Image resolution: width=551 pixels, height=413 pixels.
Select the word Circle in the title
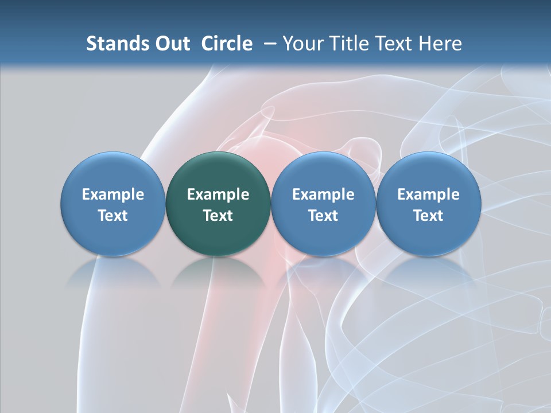pyautogui.click(x=227, y=44)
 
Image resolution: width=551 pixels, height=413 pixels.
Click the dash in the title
pyautogui.click(x=267, y=44)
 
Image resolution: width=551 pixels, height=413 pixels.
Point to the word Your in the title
pyautogui.click(x=304, y=44)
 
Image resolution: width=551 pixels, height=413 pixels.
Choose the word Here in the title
pyautogui.click(x=440, y=44)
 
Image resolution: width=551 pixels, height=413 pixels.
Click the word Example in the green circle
pyautogui.click(x=218, y=194)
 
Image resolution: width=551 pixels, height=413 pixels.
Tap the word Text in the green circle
pyautogui.click(x=218, y=216)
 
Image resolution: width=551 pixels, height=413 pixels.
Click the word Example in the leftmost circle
pyautogui.click(x=113, y=194)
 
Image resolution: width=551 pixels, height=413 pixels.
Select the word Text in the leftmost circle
pyautogui.click(x=113, y=216)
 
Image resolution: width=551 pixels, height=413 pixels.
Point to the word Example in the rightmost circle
pyautogui.click(x=428, y=194)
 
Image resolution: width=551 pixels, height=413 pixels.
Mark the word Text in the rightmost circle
pyautogui.click(x=428, y=216)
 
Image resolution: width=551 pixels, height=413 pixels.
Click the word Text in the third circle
pyautogui.click(x=323, y=216)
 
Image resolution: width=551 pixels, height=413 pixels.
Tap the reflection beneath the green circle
pyautogui.click(x=218, y=272)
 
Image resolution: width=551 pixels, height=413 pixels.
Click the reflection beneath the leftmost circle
pyautogui.click(x=113, y=272)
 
